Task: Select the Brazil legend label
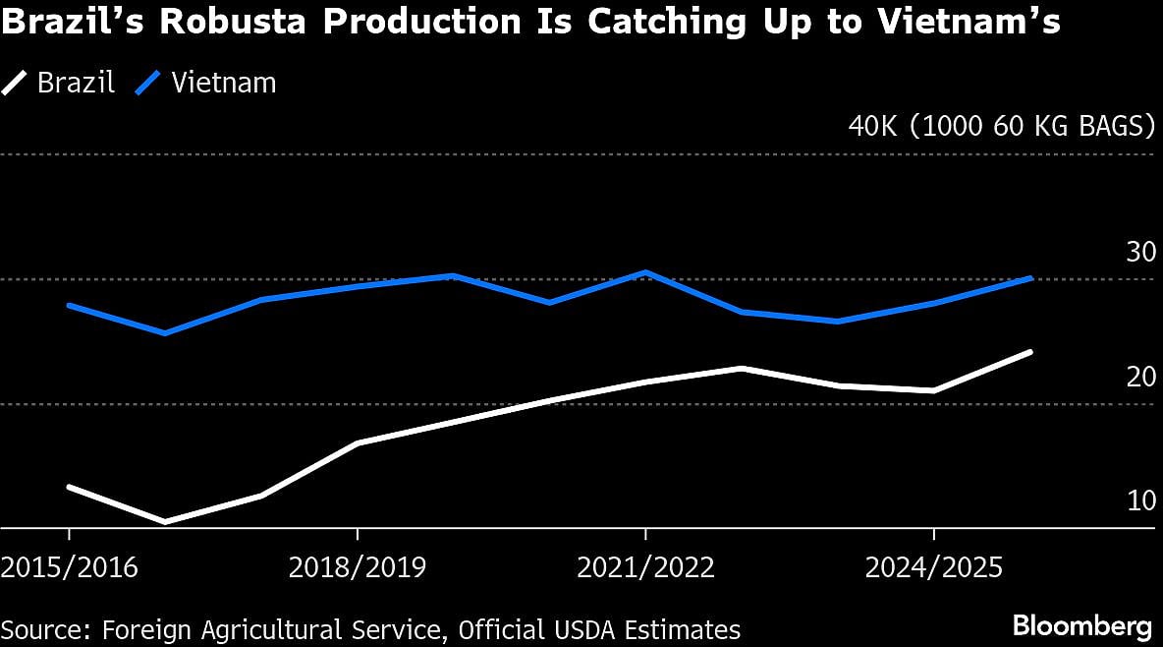click(76, 83)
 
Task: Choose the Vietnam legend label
click(224, 83)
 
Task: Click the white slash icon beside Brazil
click(17, 84)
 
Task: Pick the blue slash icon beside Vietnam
click(150, 84)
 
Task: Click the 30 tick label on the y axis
click(1140, 253)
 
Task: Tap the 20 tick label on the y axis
click(1140, 378)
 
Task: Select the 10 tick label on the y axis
click(1140, 501)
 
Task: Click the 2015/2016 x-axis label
click(70, 567)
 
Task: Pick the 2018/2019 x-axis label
click(358, 567)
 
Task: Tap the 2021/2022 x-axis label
click(645, 567)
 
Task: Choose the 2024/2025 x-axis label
click(933, 567)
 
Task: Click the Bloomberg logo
click(1081, 626)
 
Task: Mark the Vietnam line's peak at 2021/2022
click(645, 272)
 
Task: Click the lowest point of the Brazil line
click(165, 521)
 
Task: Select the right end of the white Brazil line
click(1029, 352)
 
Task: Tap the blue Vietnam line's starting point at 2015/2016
click(70, 306)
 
